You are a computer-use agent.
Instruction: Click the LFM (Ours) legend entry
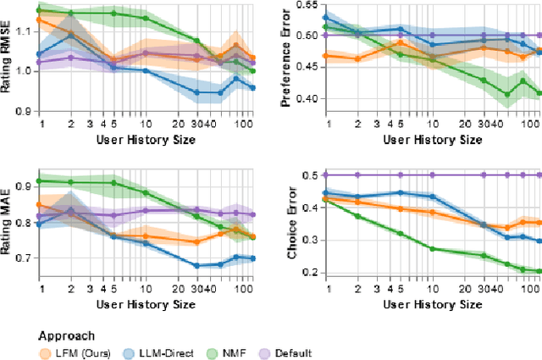70,352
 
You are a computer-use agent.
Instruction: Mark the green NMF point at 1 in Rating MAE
39,180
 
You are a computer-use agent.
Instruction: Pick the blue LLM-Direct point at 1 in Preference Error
326,16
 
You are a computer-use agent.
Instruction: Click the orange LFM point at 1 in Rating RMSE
39,19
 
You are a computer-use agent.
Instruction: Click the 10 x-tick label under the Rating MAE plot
146,288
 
